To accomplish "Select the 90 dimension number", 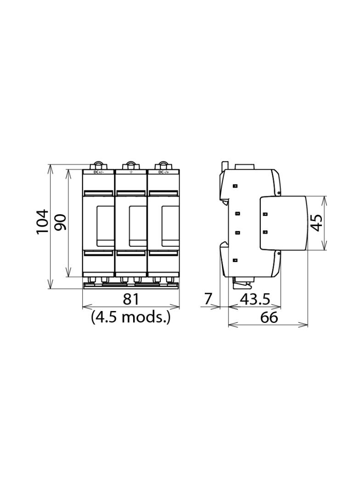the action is pos(60,222).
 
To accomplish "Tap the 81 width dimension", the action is pos(130,300).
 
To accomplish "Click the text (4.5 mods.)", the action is pos(130,317).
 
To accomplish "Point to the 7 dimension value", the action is pos(208,300).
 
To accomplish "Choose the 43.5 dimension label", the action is pos(255,300).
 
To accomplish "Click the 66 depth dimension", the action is pos(269,317).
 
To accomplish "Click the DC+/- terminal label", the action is pos(99,172).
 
